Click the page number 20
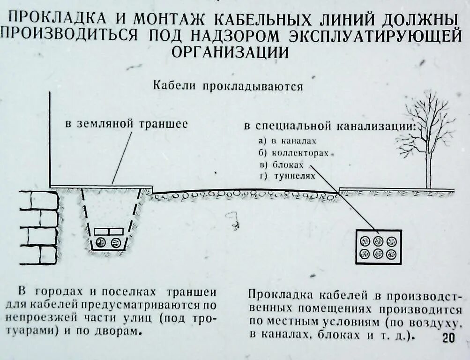pyautogui.click(x=448, y=338)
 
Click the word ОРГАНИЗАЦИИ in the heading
pyautogui.click(x=230, y=52)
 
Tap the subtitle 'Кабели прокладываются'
pyautogui.click(x=228, y=87)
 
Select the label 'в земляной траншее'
pyautogui.click(x=126, y=124)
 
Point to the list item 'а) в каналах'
pyautogui.click(x=287, y=140)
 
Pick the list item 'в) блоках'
pyautogui.click(x=281, y=165)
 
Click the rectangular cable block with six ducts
pyautogui.click(x=378, y=247)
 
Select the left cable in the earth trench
pyautogui.click(x=101, y=243)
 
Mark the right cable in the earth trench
pyautogui.click(x=116, y=243)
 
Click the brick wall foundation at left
pyautogui.click(x=38, y=227)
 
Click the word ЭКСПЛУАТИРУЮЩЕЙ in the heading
pyautogui.click(x=375, y=36)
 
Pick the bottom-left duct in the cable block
pyautogui.click(x=365, y=254)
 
